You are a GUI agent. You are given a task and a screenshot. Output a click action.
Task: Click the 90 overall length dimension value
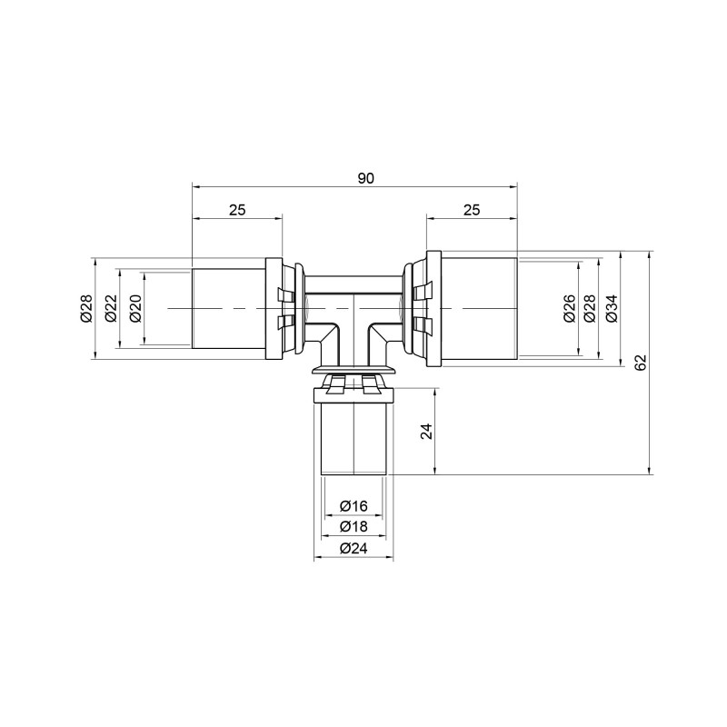(x=365, y=178)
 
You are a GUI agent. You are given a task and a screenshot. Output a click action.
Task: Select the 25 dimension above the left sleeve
(x=236, y=210)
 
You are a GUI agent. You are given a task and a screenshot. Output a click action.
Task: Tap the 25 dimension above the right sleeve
(x=471, y=210)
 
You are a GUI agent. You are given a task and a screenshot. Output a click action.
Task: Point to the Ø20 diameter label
(x=134, y=309)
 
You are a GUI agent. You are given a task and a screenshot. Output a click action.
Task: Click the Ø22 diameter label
(x=110, y=309)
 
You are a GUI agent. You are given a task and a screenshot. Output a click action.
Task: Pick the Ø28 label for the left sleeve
(x=86, y=309)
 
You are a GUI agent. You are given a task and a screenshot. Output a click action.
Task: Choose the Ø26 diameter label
(x=569, y=309)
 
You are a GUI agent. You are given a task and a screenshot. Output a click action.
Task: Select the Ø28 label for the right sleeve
(x=590, y=309)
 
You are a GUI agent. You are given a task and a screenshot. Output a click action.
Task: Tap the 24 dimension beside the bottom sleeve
(x=426, y=431)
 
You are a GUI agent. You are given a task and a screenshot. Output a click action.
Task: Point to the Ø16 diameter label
(x=353, y=505)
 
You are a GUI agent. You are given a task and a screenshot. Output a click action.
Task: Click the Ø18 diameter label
(x=353, y=526)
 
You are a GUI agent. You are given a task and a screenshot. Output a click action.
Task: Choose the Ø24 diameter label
(x=353, y=548)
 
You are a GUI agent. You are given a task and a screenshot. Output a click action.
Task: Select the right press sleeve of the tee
(x=478, y=308)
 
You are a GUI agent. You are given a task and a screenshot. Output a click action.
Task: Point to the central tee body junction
(x=354, y=314)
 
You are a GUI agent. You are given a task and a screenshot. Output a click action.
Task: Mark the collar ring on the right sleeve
(x=434, y=308)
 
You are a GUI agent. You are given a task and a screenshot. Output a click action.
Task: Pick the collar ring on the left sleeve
(x=273, y=308)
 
